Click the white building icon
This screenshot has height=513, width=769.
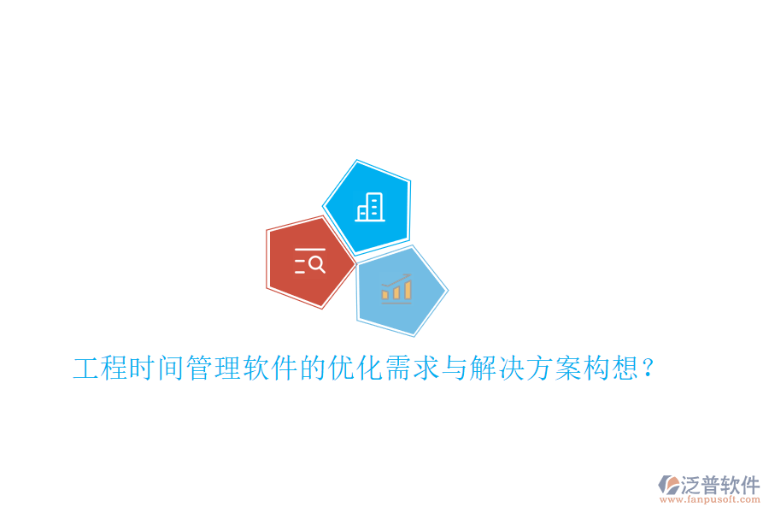[370, 207]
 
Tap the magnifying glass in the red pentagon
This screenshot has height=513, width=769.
[316, 263]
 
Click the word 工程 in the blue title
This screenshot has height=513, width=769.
[101, 369]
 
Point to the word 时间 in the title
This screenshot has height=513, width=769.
[157, 369]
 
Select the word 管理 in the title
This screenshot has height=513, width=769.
[214, 369]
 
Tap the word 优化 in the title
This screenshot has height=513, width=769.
[355, 369]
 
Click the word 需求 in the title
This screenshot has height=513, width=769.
[411, 369]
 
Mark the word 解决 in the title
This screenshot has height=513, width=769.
[496, 369]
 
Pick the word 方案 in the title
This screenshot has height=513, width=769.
[552, 369]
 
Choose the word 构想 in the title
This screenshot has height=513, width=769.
[608, 369]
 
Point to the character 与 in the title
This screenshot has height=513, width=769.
[454, 369]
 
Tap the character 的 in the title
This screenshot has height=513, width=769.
[313, 369]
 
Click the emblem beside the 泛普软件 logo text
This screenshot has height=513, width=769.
[668, 484]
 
